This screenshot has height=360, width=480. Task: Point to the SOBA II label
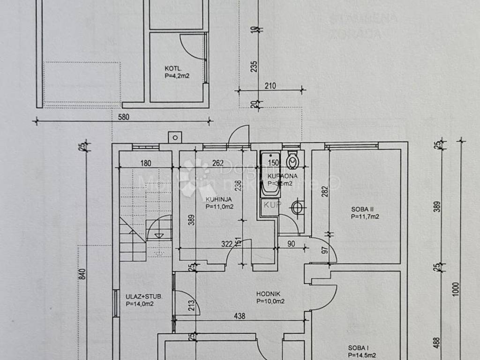(361, 210)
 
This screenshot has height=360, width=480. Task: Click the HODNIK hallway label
(266, 294)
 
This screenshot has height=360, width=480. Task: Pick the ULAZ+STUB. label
(144, 296)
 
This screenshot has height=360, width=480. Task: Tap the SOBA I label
(358, 348)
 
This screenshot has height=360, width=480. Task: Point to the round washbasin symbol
(298, 207)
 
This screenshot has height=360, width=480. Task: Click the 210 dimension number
(270, 85)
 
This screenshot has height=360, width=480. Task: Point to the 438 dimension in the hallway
(240, 316)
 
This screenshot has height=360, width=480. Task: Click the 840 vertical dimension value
(82, 275)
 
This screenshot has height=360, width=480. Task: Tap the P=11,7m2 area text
(365, 217)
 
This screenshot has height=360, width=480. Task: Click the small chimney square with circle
(175, 137)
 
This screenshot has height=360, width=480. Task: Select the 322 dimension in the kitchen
(227, 244)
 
